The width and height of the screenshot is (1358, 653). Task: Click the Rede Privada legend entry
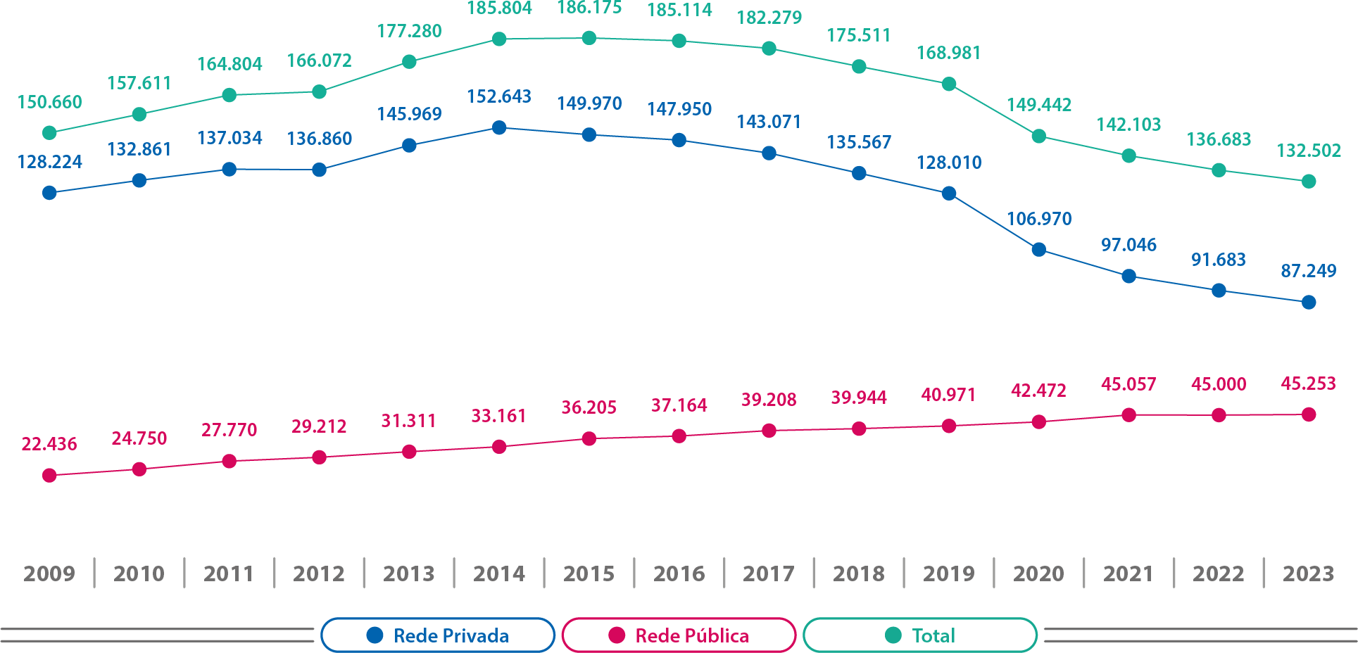438,635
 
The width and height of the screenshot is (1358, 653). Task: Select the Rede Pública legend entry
679,635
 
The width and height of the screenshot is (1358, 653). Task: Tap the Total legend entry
920,635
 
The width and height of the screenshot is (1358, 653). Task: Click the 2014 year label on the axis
499,573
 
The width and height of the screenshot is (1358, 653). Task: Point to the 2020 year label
1038,573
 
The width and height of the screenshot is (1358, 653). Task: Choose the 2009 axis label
49,573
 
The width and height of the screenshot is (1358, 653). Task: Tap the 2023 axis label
1308,573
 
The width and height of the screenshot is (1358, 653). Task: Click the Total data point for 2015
589,38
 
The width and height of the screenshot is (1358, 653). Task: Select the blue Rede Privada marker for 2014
499,128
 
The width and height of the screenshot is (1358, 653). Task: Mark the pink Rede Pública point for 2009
49,476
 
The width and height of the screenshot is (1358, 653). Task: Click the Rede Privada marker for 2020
1038,250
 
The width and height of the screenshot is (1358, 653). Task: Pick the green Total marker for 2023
1309,182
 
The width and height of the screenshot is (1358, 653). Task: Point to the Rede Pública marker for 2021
1128,415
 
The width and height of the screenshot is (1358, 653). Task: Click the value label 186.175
589,8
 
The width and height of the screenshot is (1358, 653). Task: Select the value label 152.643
499,96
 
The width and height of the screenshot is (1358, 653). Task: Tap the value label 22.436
49,444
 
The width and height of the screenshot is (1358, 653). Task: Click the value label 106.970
1039,219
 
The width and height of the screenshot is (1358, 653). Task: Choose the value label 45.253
1308,383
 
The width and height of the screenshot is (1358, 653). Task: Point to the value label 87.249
1308,271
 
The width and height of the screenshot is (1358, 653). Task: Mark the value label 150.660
49,102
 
